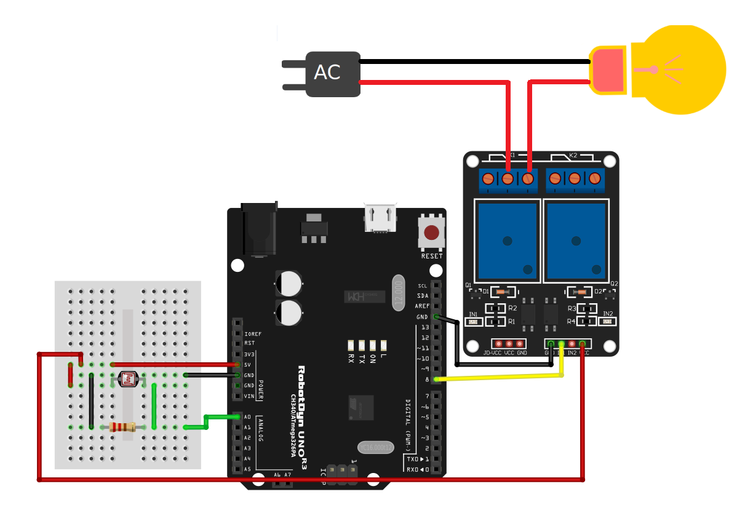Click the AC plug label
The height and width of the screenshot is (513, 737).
pos(327,73)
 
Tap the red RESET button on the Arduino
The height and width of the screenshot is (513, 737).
pos(432,233)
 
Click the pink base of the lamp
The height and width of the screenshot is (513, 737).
pos(608,70)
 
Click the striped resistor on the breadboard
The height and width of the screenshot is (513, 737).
pos(123,427)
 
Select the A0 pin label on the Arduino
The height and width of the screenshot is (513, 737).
pos(247,417)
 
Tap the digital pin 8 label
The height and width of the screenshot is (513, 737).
pos(426,379)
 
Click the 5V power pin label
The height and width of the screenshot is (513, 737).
pos(248,365)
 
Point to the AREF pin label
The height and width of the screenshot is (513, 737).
pos(422,306)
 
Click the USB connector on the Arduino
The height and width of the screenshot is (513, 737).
pos(380,218)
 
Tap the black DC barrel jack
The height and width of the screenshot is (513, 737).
pos(259,229)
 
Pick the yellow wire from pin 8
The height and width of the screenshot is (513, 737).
pos(498,377)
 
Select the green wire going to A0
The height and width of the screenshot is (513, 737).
pos(205,422)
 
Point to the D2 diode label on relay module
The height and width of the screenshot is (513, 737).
pos(598,292)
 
